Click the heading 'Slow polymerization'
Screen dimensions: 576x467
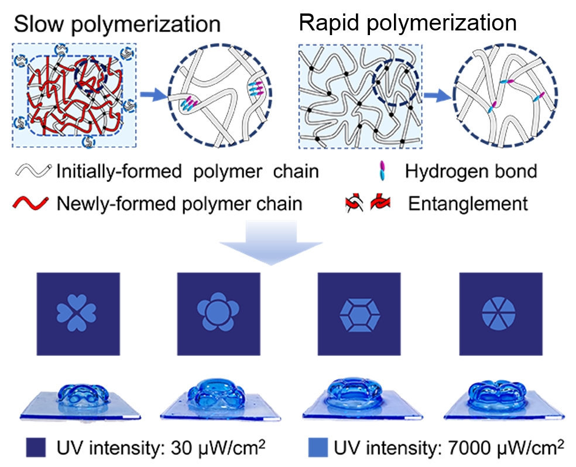coord(117,24)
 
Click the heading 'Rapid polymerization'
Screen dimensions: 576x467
coord(408,23)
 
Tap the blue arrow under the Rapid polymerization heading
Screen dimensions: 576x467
coord(438,96)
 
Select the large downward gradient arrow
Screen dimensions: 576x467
coord(271,242)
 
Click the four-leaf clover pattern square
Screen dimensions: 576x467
coord(78,314)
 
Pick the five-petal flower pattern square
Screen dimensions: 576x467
coord(218,314)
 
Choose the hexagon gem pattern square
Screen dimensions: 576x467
coord(359,314)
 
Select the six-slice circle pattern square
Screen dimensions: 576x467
coord(500,314)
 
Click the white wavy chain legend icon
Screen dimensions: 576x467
coord(33,171)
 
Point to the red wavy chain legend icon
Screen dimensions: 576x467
coord(31,203)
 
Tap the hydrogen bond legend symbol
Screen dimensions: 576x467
coord(383,171)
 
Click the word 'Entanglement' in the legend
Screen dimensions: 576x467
coord(468,204)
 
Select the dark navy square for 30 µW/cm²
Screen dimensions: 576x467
coord(36,447)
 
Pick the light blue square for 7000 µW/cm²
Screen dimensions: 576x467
coord(318,447)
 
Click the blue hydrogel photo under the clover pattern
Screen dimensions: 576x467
coord(80,400)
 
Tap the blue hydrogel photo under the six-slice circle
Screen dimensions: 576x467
coord(504,400)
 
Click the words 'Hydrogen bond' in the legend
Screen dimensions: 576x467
coord(471,171)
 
